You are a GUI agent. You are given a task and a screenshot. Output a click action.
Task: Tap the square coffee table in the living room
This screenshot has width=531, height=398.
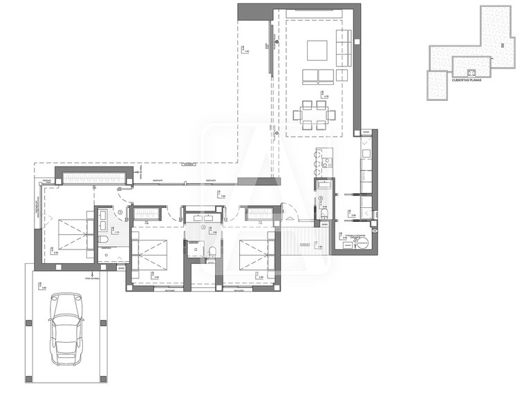point(317,50)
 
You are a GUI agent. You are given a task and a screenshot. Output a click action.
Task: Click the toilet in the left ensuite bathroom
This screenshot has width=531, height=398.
point(102,239)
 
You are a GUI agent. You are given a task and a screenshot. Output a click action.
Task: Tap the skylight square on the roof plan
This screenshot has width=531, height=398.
point(470,72)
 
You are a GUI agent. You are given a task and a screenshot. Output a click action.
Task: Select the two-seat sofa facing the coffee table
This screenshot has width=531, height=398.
point(317,76)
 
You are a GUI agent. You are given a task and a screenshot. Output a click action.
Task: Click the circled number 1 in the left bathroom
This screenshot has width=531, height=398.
point(120,211)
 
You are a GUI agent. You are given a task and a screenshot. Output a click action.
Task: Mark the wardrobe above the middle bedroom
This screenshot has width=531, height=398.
point(148,214)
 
